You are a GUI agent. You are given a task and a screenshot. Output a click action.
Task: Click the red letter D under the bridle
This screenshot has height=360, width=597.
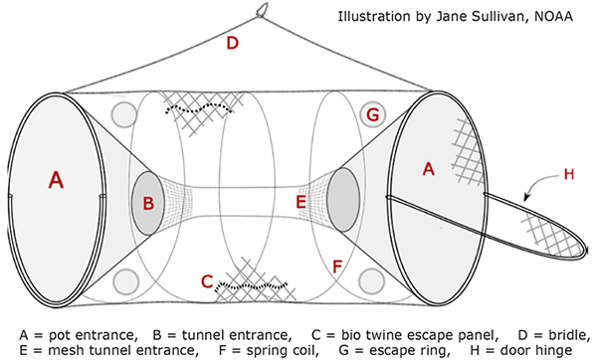(232, 43)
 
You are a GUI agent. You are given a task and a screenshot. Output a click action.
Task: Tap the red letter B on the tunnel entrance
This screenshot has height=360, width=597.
(148, 204)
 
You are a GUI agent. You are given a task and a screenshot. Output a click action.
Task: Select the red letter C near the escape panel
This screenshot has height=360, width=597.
(207, 281)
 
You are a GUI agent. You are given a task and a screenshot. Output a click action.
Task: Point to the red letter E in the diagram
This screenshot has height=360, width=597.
(300, 202)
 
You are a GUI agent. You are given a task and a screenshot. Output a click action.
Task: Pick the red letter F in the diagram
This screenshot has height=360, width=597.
(337, 267)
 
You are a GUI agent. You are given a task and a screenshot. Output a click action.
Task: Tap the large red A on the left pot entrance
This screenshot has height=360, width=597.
(56, 180)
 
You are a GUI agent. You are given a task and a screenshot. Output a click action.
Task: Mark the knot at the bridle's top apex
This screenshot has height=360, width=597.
(263, 13)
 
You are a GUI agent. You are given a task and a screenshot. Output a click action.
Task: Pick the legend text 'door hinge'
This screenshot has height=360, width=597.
(533, 348)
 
